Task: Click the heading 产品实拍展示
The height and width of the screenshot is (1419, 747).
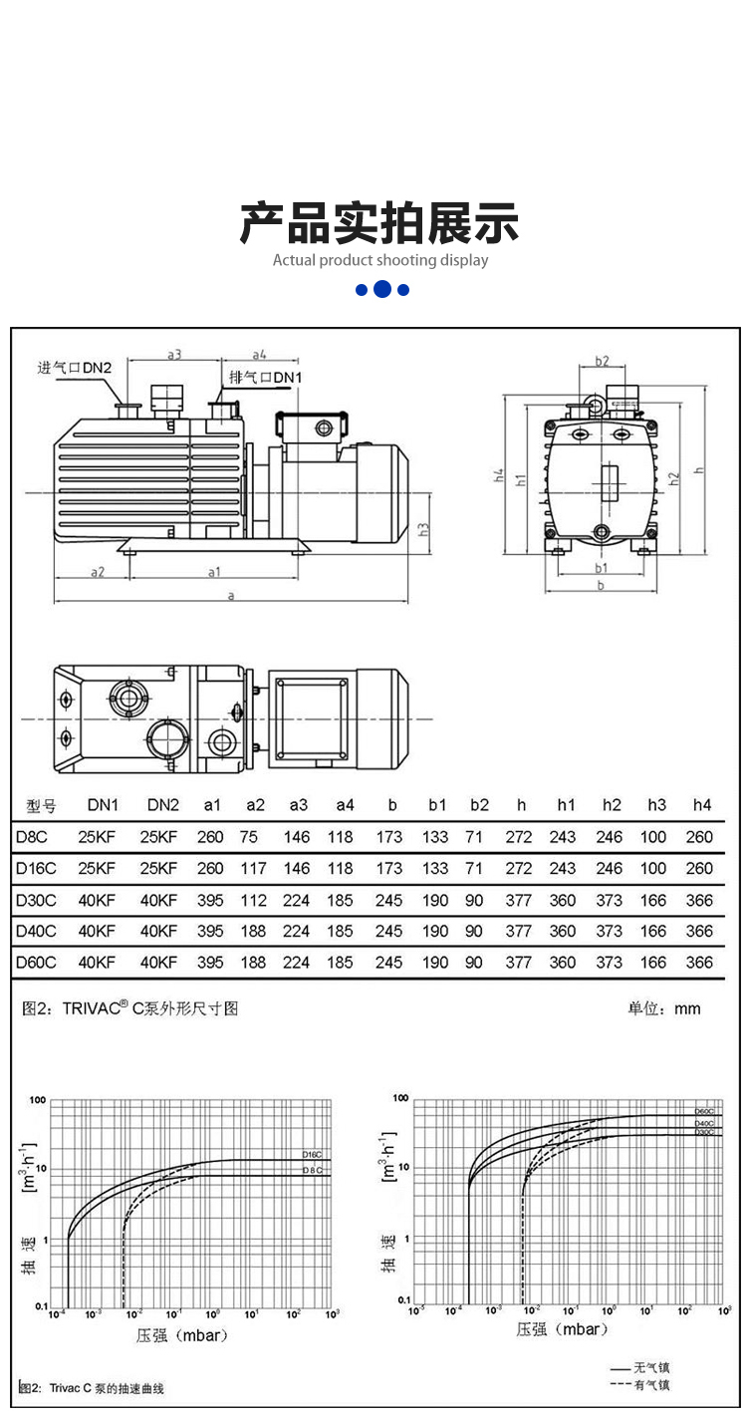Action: pos(378,223)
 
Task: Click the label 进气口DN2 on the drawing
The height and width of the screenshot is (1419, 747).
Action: pos(75,367)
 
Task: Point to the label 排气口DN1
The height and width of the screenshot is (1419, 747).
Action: pos(265,377)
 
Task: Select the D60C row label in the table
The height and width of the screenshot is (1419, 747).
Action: pos(36,963)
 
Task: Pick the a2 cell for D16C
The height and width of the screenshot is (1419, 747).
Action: pos(254,869)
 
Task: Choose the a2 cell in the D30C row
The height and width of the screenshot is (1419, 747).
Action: pos(254,901)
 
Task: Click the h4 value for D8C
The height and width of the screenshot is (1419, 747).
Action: pos(699,837)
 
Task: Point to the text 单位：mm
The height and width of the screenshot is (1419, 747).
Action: pos(663,1008)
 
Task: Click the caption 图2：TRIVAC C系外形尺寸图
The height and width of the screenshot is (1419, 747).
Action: pos(130,1008)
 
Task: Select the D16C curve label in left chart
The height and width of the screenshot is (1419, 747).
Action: pos(313,1154)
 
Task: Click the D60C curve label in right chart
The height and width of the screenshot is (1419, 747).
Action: pos(704,1111)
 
